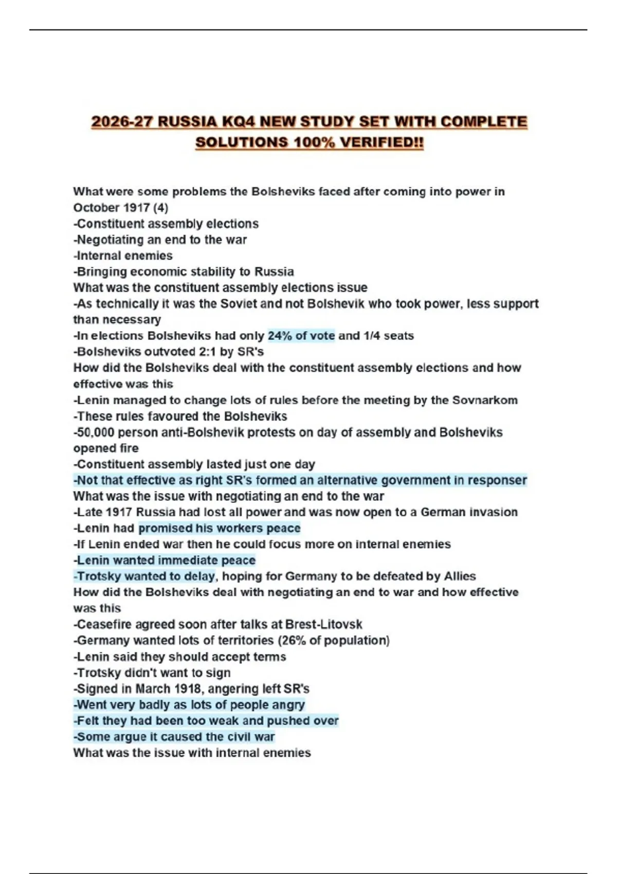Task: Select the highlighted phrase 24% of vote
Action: coord(301,336)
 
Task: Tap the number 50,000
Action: coord(96,432)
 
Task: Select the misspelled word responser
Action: coord(497,480)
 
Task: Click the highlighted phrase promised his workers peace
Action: coord(220,528)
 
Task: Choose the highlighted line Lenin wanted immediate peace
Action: coord(166,560)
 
